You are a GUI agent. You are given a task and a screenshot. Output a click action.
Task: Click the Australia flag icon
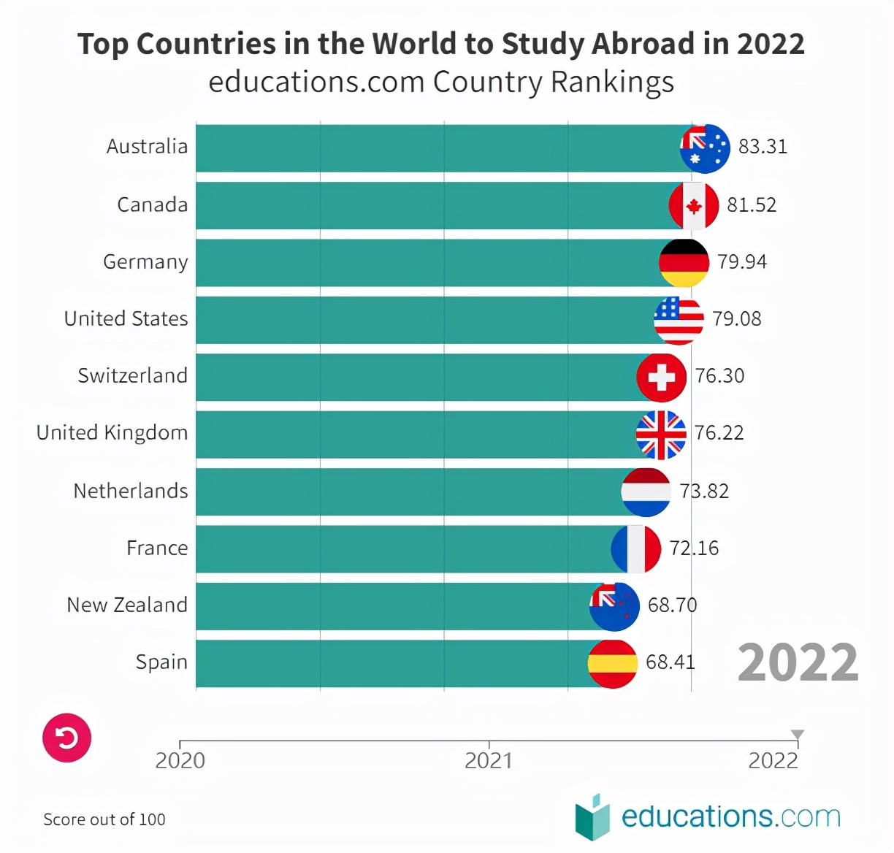[x=705, y=148]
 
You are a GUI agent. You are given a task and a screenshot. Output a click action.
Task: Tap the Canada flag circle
[x=694, y=206]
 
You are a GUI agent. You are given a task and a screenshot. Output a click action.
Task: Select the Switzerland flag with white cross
[x=662, y=378]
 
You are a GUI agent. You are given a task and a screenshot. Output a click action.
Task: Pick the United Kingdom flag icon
[x=661, y=435]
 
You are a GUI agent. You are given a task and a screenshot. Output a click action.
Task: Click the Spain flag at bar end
[x=613, y=664]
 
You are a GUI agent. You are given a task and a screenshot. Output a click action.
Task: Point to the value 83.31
[x=763, y=147]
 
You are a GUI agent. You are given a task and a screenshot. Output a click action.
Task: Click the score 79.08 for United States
[x=736, y=319]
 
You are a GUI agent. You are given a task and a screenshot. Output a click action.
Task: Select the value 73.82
[x=704, y=491]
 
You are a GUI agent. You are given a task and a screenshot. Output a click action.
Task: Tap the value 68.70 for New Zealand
[x=672, y=605]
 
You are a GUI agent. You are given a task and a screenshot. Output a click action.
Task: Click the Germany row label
[x=145, y=262]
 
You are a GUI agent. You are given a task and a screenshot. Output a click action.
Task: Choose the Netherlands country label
[x=131, y=491]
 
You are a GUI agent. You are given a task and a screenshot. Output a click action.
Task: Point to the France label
[x=157, y=548]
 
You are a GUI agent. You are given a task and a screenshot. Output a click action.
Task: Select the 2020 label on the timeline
[x=180, y=761]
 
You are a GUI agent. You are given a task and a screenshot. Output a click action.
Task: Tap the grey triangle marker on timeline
[x=798, y=735]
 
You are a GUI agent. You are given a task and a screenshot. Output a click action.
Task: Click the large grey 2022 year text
[x=798, y=663]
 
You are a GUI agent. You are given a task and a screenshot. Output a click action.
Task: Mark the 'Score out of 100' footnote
[x=104, y=819]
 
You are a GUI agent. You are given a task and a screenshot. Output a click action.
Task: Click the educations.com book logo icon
[x=592, y=816]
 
